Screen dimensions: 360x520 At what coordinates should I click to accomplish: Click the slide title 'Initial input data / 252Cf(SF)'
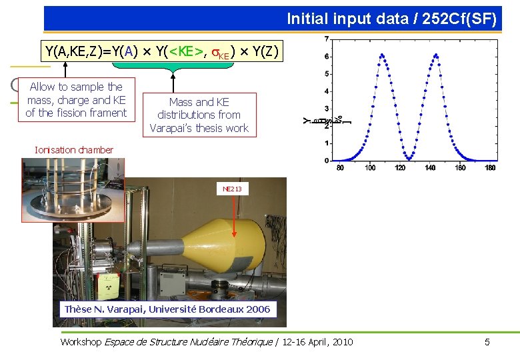click(391, 19)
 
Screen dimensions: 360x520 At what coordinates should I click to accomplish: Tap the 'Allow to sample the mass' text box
click(75, 100)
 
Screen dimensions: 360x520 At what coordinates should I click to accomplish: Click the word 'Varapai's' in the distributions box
click(175, 128)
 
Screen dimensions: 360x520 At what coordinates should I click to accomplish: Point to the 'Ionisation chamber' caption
click(74, 150)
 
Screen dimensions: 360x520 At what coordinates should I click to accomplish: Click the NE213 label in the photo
click(232, 189)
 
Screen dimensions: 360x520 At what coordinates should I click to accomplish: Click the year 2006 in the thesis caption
click(257, 309)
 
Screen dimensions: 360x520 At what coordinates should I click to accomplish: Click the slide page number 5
click(487, 342)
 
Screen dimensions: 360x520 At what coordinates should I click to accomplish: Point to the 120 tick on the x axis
click(400, 168)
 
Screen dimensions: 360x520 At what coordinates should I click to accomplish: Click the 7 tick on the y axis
click(326, 39)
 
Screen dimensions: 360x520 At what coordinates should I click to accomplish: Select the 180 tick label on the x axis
click(490, 168)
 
